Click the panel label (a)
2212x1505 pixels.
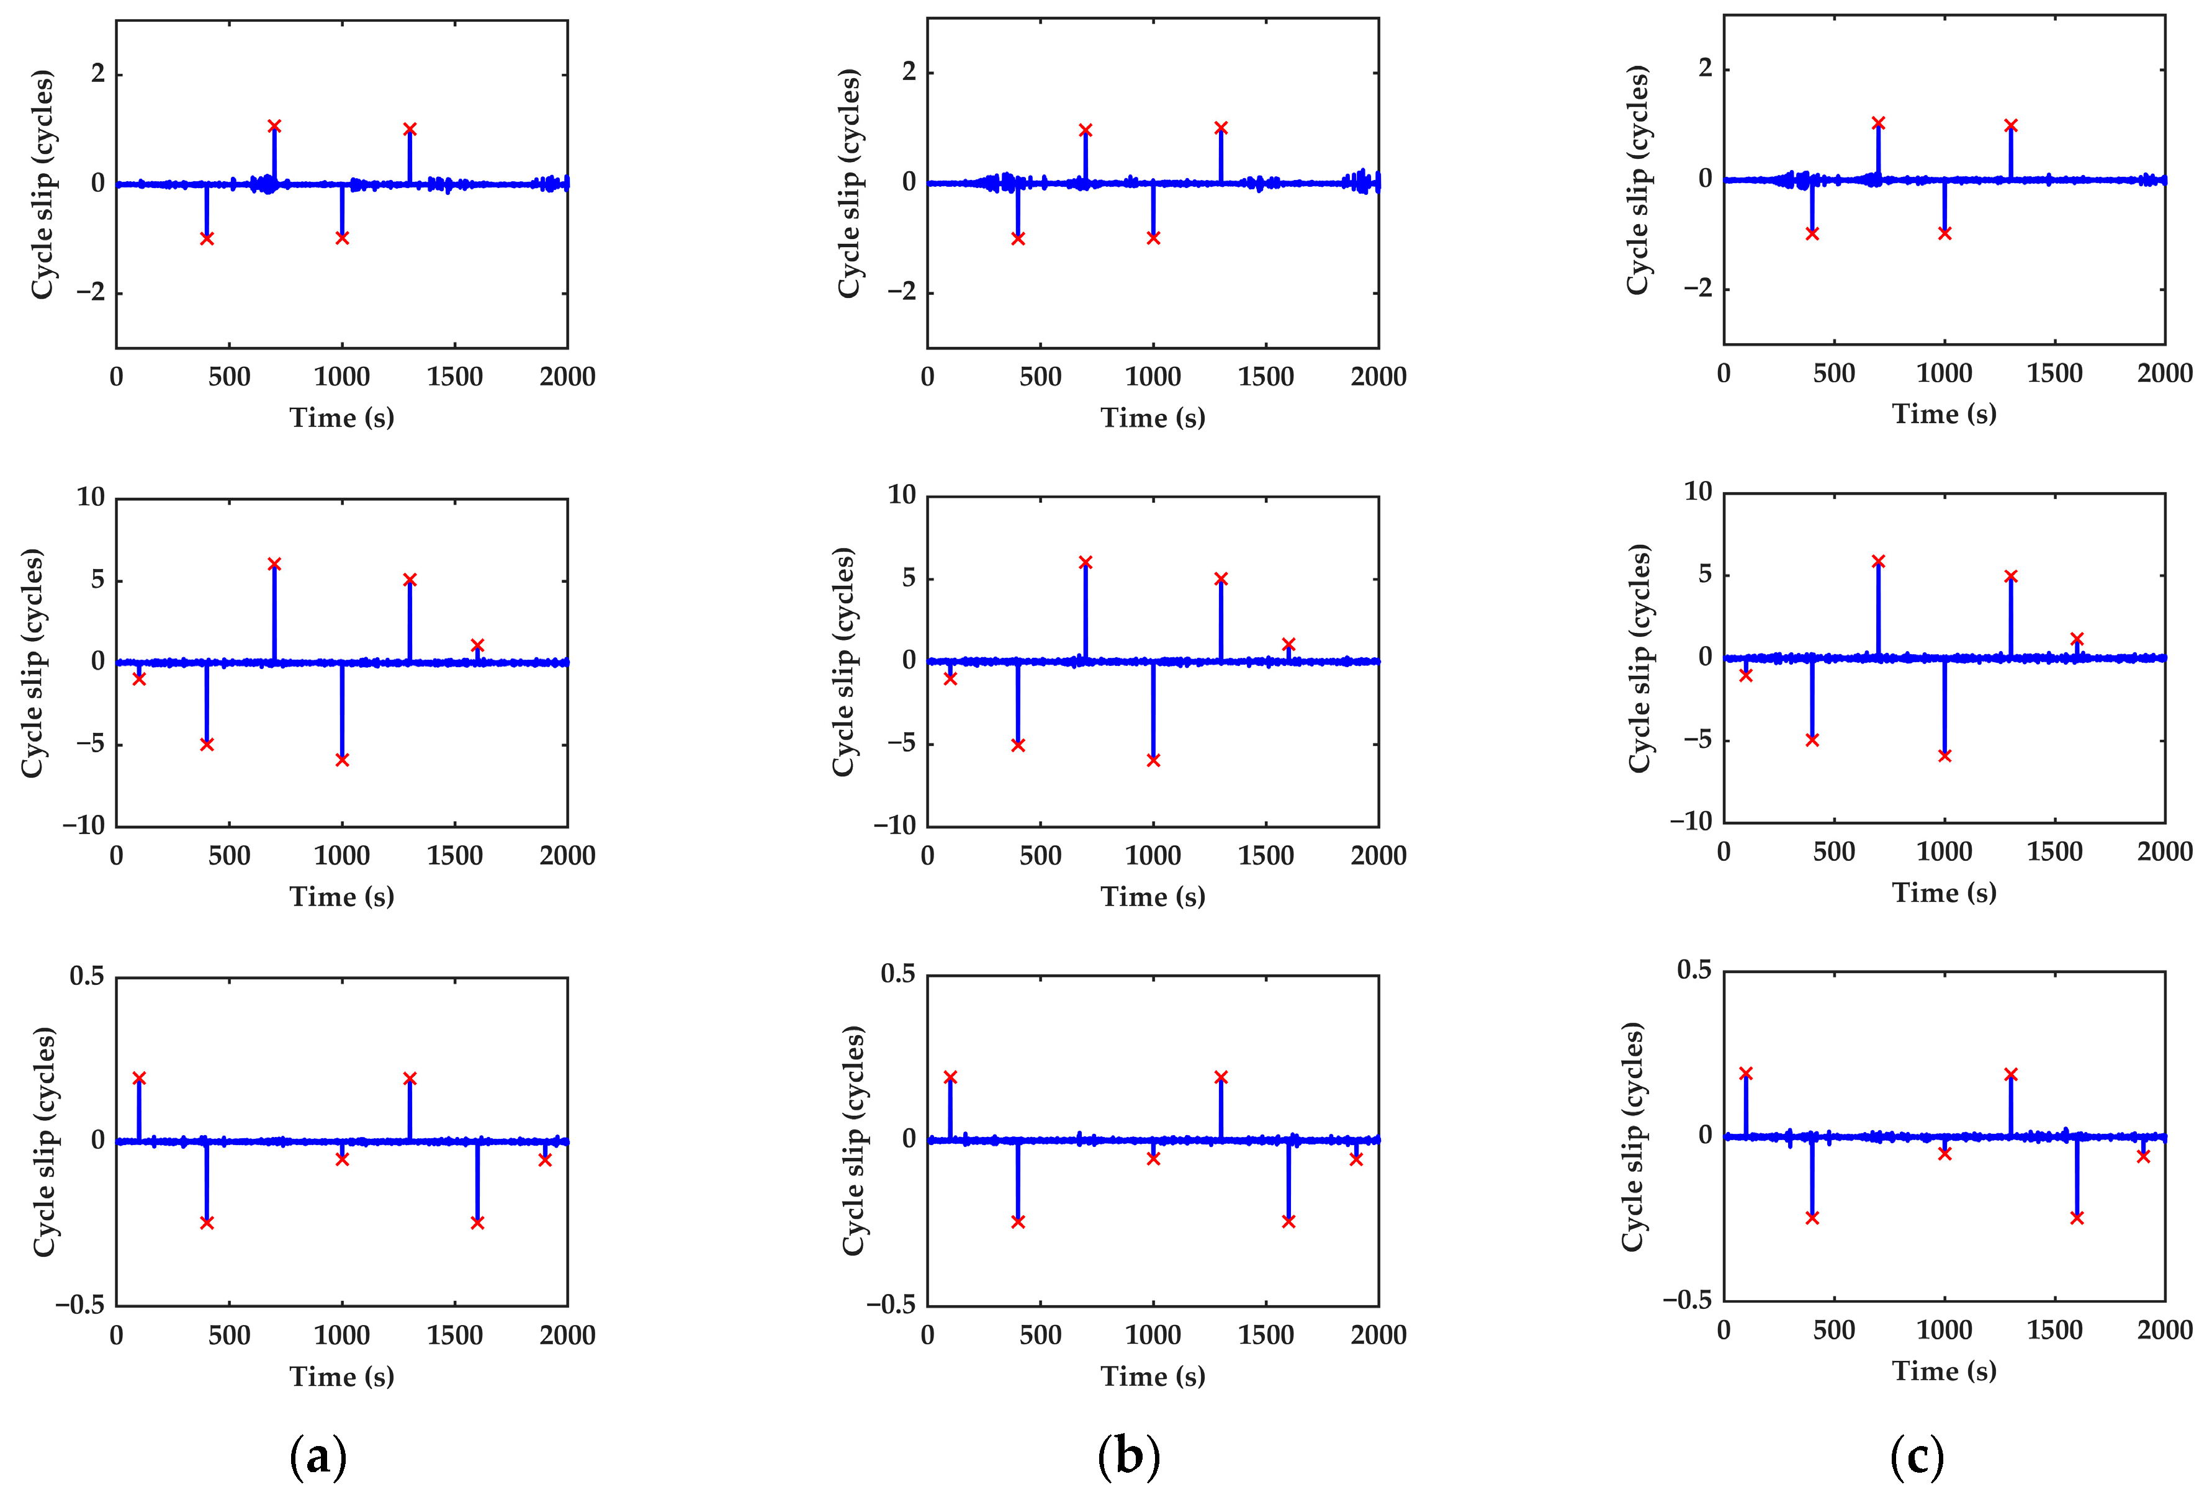click(318, 1457)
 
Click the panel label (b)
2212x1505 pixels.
click(1129, 1457)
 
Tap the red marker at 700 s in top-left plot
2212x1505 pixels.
click(274, 125)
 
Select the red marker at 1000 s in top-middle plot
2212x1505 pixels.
click(1154, 238)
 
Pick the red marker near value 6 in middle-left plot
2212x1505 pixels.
click(274, 565)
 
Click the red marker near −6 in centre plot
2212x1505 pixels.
click(1154, 760)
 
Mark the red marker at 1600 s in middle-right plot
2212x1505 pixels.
click(2077, 639)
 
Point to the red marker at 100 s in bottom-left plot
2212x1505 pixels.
click(139, 1079)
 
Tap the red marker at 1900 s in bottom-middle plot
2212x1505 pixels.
click(1356, 1159)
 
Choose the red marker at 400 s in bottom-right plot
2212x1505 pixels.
click(1812, 1218)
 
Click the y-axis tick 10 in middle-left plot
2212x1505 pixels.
click(91, 497)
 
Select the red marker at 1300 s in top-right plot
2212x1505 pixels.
click(2010, 125)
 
